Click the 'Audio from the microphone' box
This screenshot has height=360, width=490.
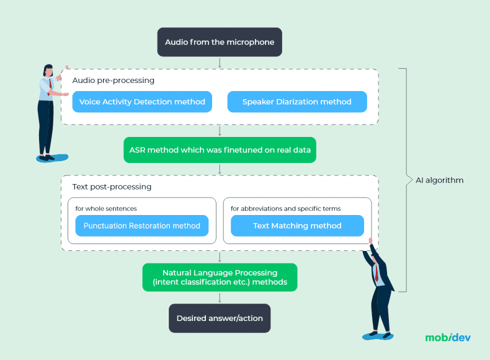220,42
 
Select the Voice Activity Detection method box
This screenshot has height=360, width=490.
142,102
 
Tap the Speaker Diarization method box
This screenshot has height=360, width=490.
296,102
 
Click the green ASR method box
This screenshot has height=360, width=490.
220,150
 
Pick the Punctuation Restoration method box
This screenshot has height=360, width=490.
142,226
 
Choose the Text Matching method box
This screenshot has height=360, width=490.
297,226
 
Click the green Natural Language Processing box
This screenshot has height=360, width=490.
220,278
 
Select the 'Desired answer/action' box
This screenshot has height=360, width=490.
220,318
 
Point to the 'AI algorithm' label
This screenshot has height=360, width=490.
439,180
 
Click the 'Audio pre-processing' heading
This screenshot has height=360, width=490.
114,81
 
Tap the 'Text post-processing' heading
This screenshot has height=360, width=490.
112,187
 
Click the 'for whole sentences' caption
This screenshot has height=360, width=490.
106,208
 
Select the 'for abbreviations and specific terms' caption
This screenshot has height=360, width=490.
286,208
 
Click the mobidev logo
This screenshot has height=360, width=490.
448,338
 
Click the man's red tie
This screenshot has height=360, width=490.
376,273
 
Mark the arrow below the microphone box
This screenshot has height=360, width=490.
220,63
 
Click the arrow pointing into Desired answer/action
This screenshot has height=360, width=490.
220,298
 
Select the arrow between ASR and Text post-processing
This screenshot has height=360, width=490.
220,169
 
